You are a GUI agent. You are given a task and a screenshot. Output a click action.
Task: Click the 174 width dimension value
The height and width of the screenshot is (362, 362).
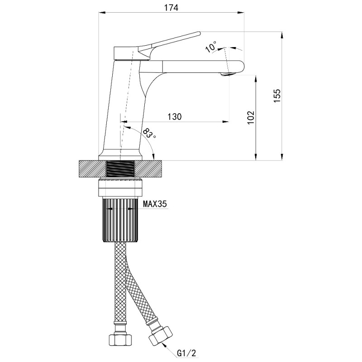(171, 8)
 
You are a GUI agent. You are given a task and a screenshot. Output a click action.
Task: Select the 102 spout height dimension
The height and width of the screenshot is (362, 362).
(251, 118)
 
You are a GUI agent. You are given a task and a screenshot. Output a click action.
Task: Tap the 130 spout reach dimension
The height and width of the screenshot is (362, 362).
(175, 117)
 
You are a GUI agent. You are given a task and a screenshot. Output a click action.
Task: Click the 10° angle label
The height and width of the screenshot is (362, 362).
(211, 47)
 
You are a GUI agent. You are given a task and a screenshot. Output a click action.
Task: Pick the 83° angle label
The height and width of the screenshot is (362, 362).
(149, 133)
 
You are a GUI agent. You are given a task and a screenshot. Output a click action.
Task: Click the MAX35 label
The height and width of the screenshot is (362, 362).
(155, 204)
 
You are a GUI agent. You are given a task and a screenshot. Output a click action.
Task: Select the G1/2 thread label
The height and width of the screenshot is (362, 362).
(186, 353)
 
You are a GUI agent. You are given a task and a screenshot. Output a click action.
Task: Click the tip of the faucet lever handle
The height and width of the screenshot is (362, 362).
(199, 33)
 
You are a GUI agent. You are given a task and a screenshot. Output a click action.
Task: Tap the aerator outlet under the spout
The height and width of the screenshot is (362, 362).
(227, 74)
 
